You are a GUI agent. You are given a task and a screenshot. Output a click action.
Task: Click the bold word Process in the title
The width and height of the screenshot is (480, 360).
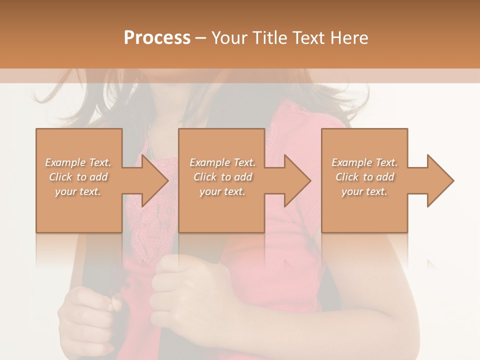[x=157, y=38]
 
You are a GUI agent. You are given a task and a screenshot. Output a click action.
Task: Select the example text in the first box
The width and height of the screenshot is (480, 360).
[x=78, y=177]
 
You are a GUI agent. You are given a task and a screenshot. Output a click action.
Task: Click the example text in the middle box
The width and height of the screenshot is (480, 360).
[x=222, y=177]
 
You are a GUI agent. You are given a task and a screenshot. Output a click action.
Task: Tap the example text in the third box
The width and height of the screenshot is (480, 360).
[x=364, y=177]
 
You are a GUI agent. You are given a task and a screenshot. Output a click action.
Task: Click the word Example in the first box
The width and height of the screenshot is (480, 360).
[x=65, y=162]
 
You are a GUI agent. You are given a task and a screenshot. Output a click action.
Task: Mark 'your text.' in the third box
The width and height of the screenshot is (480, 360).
[x=364, y=191]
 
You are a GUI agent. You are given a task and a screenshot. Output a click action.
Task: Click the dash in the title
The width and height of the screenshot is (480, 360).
[x=201, y=38]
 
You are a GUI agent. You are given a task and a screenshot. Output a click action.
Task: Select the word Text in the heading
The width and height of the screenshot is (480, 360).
[x=307, y=38]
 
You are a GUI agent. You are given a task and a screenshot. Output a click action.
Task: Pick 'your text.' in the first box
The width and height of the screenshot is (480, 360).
[x=78, y=191]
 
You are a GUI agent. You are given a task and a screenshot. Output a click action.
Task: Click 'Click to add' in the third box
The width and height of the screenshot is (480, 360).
[x=365, y=177]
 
